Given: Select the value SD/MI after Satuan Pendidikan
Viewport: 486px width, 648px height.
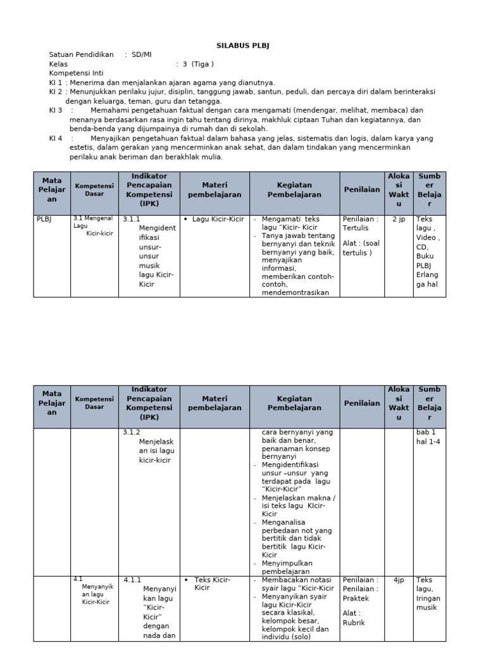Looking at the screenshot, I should pos(141,55).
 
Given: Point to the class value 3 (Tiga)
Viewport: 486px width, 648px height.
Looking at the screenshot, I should pos(198,64).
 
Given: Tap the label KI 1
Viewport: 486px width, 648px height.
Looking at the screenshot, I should pos(56,82).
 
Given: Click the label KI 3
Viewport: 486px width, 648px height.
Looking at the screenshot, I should pos(56,110).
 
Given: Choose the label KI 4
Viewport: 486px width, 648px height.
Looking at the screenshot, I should pos(56,138).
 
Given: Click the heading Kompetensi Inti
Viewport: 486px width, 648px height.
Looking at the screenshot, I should pos(75,73).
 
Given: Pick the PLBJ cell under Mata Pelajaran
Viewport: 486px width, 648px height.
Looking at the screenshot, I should pos(43,219).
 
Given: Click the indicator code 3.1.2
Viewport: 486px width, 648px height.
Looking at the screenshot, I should pos(131,432).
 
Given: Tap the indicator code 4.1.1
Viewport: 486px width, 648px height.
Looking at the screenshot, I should pos(132,580).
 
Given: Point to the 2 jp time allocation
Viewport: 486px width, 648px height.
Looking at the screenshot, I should pos(399,219).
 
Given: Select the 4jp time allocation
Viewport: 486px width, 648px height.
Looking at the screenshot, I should pos(399,580).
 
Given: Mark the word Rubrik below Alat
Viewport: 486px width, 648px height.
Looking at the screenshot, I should pos(354,622).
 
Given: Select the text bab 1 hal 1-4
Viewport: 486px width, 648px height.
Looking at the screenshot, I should pos(428,437).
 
